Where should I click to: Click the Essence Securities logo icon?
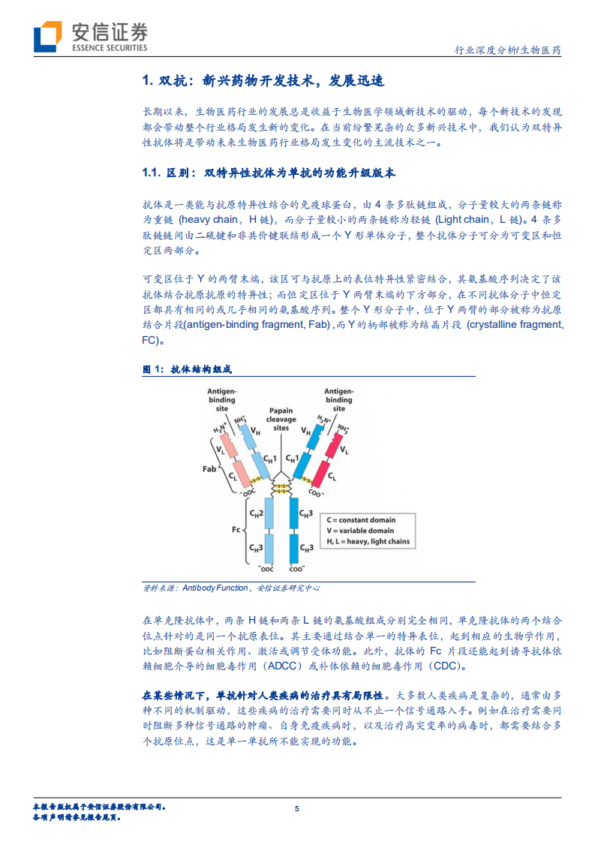click(x=47, y=36)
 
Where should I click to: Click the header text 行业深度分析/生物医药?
click(x=508, y=50)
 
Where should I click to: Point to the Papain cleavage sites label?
click(x=281, y=419)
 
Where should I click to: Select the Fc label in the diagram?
click(x=235, y=529)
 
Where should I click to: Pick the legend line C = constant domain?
click(x=361, y=519)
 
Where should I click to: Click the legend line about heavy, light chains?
click(x=368, y=542)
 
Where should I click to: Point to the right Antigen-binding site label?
click(x=338, y=400)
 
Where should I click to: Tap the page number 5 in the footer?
click(x=297, y=808)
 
